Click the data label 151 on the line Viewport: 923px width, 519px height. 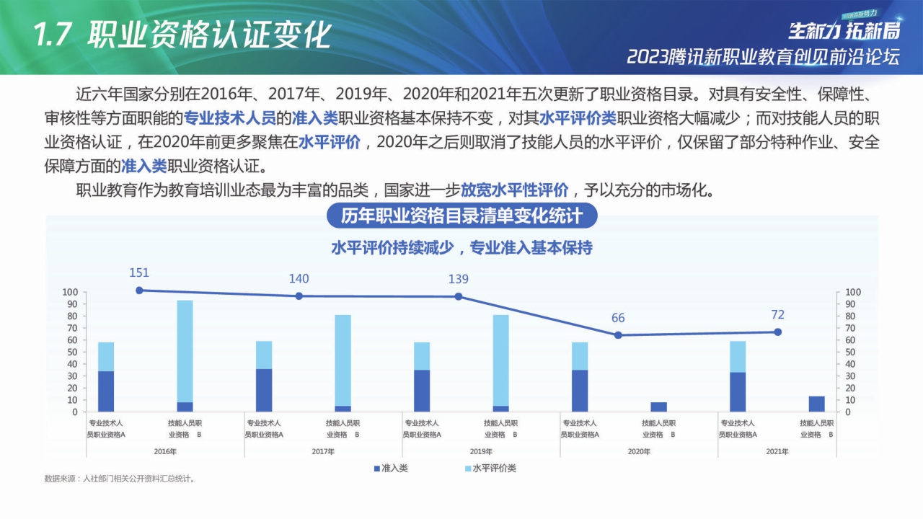(x=139, y=273)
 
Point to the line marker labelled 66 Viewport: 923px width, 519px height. (x=618, y=335)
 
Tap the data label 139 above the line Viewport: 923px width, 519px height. (x=458, y=280)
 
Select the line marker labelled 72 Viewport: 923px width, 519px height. (x=777, y=332)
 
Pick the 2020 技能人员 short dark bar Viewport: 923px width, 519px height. (x=659, y=407)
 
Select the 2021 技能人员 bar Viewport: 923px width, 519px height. (x=817, y=404)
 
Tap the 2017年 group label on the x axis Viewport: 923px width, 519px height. (x=323, y=451)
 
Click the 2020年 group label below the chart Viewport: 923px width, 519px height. (x=639, y=451)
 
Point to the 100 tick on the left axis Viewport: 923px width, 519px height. (x=70, y=293)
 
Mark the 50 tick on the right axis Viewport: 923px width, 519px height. (x=852, y=352)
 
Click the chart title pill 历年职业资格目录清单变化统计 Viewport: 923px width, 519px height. (x=461, y=216)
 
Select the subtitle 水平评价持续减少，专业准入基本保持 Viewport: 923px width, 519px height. (x=461, y=248)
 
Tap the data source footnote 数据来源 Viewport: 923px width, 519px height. (x=120, y=479)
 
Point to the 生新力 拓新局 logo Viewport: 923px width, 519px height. (x=844, y=30)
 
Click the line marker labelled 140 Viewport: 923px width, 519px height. (x=299, y=296)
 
